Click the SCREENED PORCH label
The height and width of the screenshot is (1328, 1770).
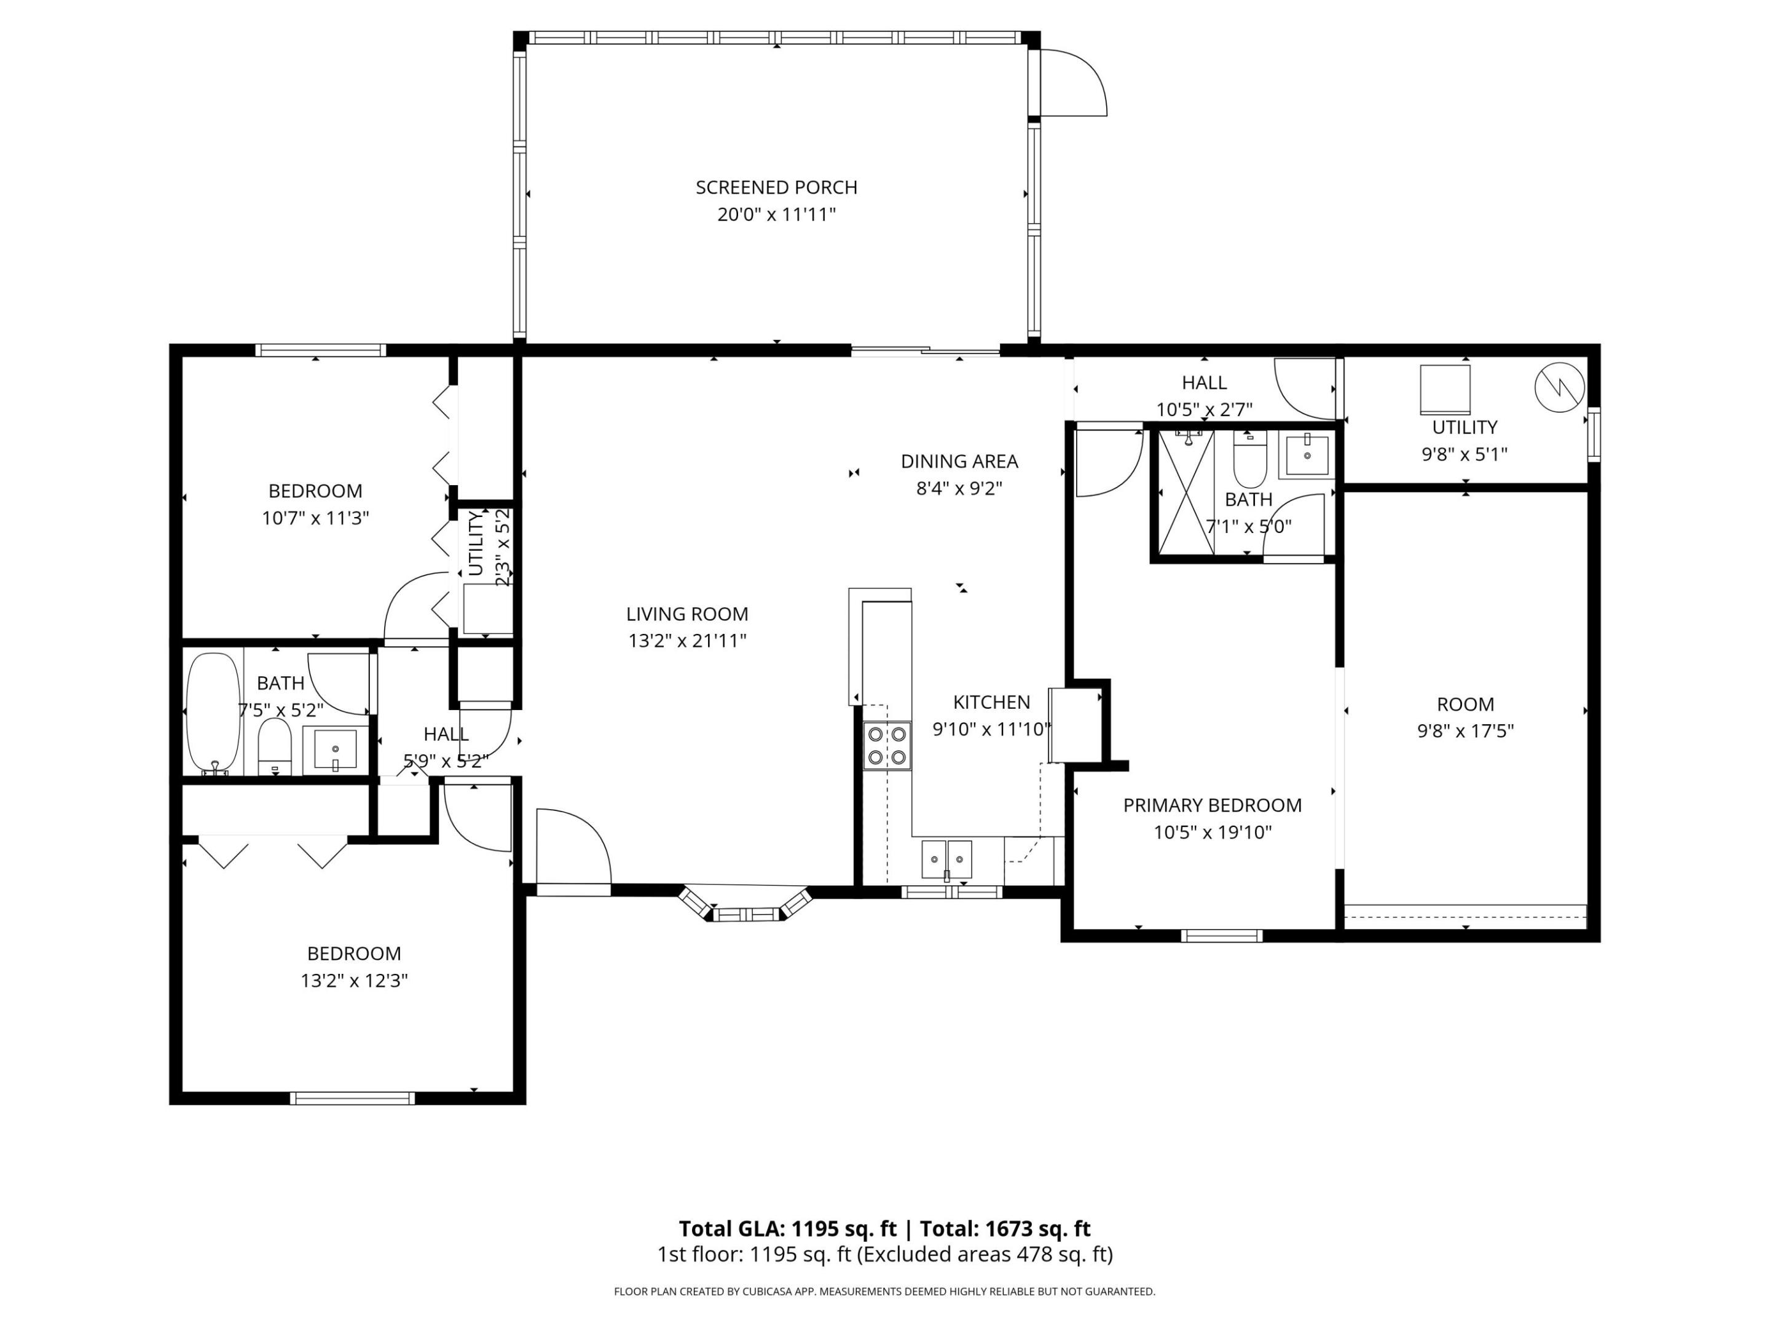(776, 188)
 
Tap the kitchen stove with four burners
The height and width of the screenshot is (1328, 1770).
(887, 745)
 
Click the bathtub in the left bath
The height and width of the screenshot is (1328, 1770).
(213, 711)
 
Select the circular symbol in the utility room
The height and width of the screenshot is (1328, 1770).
(1559, 387)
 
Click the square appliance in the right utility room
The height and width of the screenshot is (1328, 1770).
(1445, 389)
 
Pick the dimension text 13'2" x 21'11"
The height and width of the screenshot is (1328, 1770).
(686, 641)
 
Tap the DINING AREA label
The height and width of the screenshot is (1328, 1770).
(959, 461)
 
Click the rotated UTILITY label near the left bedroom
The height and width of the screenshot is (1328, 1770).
(475, 543)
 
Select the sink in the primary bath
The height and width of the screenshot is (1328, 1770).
(1307, 455)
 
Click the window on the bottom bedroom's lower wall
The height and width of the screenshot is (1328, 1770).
(352, 1098)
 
